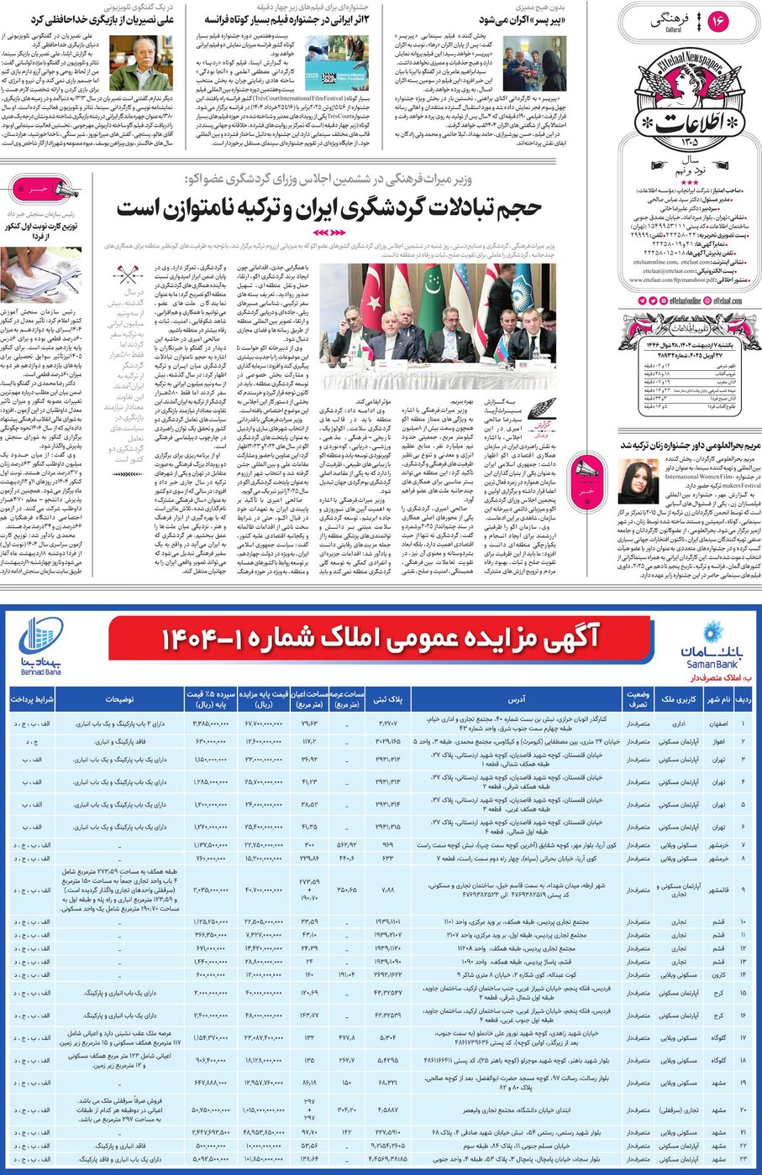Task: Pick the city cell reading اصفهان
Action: coord(718,722)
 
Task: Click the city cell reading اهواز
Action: coord(718,742)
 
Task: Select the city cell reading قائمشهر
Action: coord(718,890)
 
